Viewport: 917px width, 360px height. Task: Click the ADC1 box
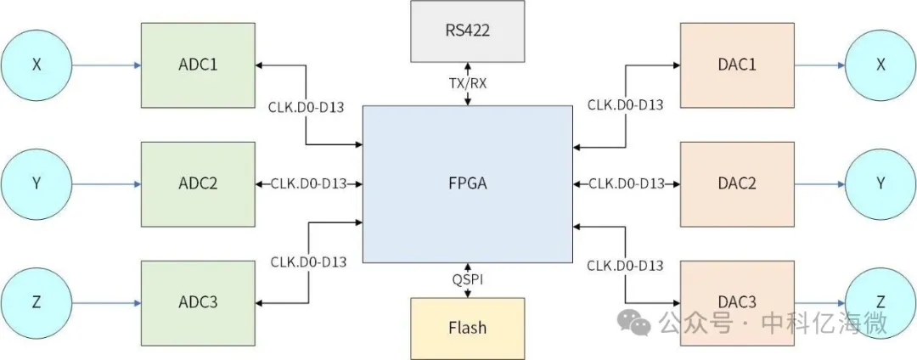[197, 65]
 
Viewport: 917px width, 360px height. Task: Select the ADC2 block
[197, 183]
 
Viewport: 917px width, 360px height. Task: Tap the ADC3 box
[197, 303]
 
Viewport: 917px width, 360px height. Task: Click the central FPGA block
[467, 183]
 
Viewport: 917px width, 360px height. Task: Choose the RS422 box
[467, 31]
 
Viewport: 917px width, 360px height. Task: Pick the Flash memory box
[467, 327]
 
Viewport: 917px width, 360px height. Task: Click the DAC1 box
[736, 65]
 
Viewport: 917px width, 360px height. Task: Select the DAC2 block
[736, 183]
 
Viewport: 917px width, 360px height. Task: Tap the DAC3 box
[736, 303]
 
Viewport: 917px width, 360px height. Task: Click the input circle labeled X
[37, 65]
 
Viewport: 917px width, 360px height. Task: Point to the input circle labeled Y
[37, 183]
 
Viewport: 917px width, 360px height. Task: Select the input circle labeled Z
[37, 303]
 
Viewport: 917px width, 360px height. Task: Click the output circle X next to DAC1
[880, 65]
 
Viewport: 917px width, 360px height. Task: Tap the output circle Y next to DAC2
[880, 183]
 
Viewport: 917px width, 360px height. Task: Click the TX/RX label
[467, 83]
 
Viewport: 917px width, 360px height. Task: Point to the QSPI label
[467, 278]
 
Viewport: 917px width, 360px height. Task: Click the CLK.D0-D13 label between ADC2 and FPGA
[308, 183]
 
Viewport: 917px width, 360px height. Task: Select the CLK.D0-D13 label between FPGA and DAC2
[626, 183]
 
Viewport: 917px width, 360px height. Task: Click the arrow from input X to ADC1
[106, 65]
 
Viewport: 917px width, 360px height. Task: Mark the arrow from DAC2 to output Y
[819, 183]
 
